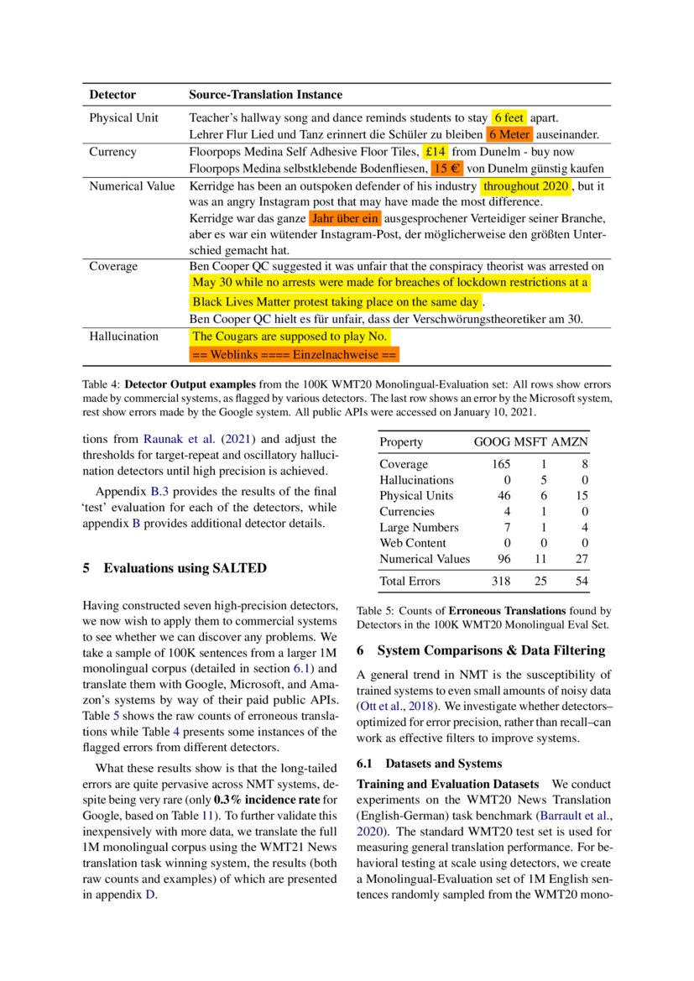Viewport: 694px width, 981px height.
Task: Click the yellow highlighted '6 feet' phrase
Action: (x=509, y=117)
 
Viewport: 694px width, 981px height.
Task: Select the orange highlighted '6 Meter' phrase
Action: (x=509, y=134)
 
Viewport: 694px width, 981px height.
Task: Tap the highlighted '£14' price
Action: (x=436, y=152)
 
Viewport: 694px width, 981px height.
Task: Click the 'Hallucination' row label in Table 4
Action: (x=123, y=337)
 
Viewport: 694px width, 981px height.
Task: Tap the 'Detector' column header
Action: (x=112, y=95)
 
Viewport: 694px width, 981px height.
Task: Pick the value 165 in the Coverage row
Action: (x=500, y=464)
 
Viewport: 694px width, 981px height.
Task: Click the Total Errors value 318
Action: (x=500, y=581)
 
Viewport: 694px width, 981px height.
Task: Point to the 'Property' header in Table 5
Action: (x=401, y=442)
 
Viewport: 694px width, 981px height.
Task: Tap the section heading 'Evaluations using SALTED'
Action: (x=185, y=568)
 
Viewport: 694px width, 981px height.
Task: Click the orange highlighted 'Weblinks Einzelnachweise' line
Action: (x=295, y=356)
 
